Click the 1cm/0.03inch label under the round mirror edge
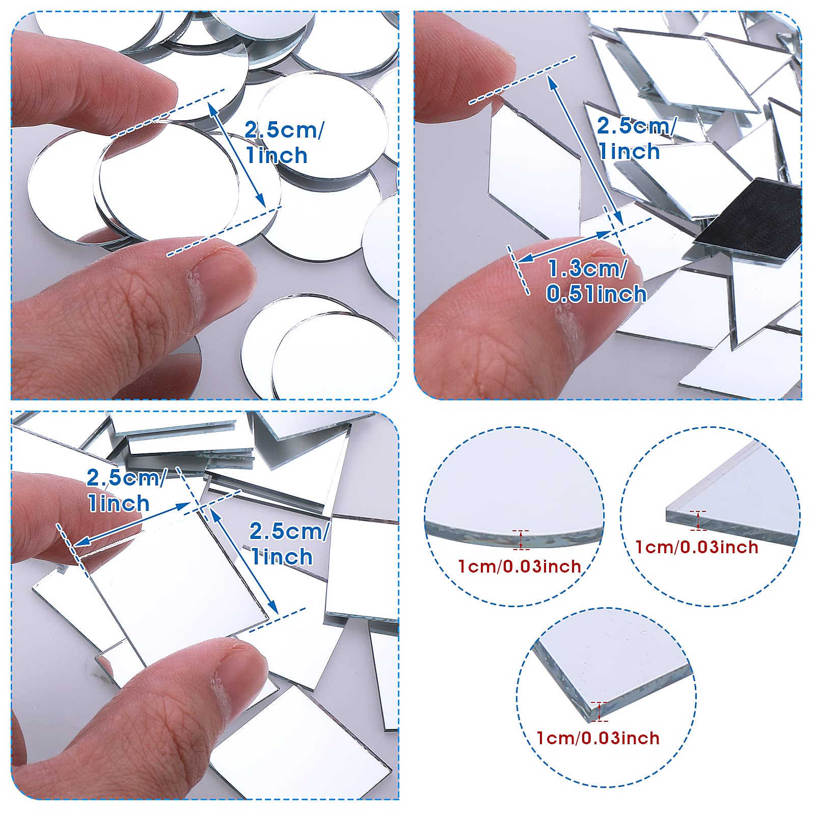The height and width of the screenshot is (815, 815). [x=520, y=566]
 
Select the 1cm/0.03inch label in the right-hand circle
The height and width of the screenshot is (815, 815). [x=697, y=547]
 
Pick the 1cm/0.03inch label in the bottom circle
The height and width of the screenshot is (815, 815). [x=598, y=738]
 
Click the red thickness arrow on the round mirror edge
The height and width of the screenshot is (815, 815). [x=521, y=540]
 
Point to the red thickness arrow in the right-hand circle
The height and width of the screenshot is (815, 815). [x=698, y=520]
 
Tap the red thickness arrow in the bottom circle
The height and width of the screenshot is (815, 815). [x=600, y=711]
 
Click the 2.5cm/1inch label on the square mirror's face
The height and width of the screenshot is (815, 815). [x=288, y=544]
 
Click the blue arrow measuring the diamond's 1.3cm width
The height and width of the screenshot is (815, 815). [x=563, y=248]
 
